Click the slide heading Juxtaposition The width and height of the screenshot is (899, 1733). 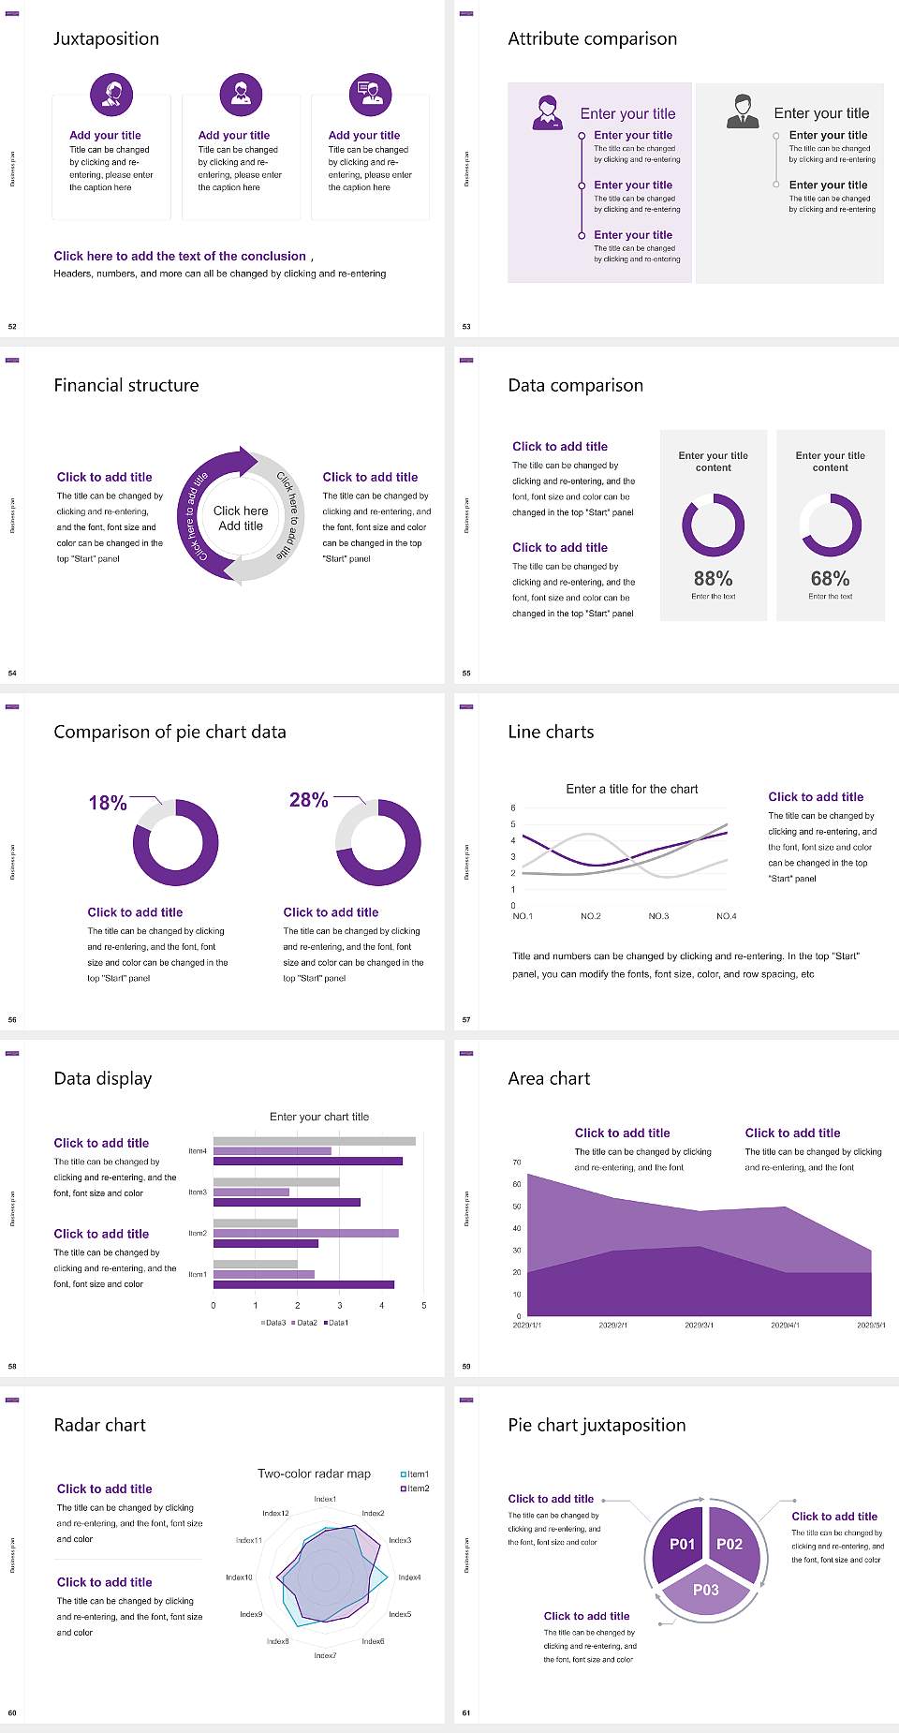(106, 38)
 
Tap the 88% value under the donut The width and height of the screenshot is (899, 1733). (713, 579)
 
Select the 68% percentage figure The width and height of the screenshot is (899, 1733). (830, 579)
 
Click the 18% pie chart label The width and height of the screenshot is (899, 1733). (108, 803)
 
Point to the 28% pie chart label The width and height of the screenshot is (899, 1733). (308, 800)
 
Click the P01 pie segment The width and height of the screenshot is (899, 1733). (682, 1544)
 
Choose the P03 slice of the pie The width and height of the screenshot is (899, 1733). (706, 1590)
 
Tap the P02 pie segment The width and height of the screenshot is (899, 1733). (730, 1544)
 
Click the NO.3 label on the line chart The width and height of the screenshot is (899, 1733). (658, 916)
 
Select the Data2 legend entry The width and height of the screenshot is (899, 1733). (305, 1323)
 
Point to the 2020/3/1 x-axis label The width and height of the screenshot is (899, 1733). (699, 1326)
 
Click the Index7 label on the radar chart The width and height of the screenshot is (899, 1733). (325, 1655)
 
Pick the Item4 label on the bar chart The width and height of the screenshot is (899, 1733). (198, 1151)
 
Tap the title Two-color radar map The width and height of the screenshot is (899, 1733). (314, 1474)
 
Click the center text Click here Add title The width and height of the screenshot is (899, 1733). (241, 518)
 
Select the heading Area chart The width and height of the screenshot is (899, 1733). (549, 1078)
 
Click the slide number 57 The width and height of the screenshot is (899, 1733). (466, 1019)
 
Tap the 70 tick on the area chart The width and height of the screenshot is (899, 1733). (517, 1163)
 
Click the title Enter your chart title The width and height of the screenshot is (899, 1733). (319, 1117)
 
